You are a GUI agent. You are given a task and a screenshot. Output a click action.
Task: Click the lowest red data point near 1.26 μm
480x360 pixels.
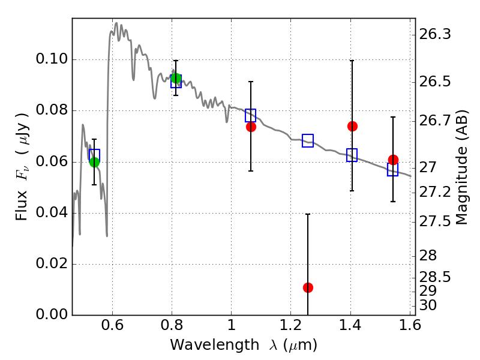pyautogui.click(x=308, y=287)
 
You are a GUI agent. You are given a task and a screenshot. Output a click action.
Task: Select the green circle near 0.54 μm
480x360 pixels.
pyautogui.click(x=94, y=162)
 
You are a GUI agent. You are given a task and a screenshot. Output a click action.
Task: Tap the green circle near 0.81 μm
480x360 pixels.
pyautogui.click(x=176, y=79)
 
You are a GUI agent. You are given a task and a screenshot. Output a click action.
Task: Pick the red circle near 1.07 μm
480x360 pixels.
pyautogui.click(x=251, y=127)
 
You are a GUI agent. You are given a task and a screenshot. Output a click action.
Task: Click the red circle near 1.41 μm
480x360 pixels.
pyautogui.click(x=352, y=126)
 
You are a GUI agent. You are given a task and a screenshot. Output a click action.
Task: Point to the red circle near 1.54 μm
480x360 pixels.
pyautogui.click(x=393, y=160)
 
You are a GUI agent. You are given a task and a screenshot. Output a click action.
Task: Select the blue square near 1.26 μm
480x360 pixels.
pyautogui.click(x=308, y=141)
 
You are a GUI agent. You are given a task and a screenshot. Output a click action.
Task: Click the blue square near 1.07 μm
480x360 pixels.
pyautogui.click(x=251, y=115)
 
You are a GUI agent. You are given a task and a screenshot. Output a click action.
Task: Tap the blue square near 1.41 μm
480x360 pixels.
pyautogui.click(x=352, y=155)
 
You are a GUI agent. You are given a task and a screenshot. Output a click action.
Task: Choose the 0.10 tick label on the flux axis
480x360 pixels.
pyautogui.click(x=53, y=60)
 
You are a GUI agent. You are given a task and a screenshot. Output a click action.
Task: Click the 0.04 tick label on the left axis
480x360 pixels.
pyautogui.click(x=53, y=213)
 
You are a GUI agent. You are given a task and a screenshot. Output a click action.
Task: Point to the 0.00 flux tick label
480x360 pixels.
pyautogui.click(x=53, y=315)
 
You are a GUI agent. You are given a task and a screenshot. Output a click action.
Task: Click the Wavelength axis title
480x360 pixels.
pyautogui.click(x=244, y=346)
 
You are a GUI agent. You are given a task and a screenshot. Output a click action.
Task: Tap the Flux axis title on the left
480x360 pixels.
pyautogui.click(x=22, y=166)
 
